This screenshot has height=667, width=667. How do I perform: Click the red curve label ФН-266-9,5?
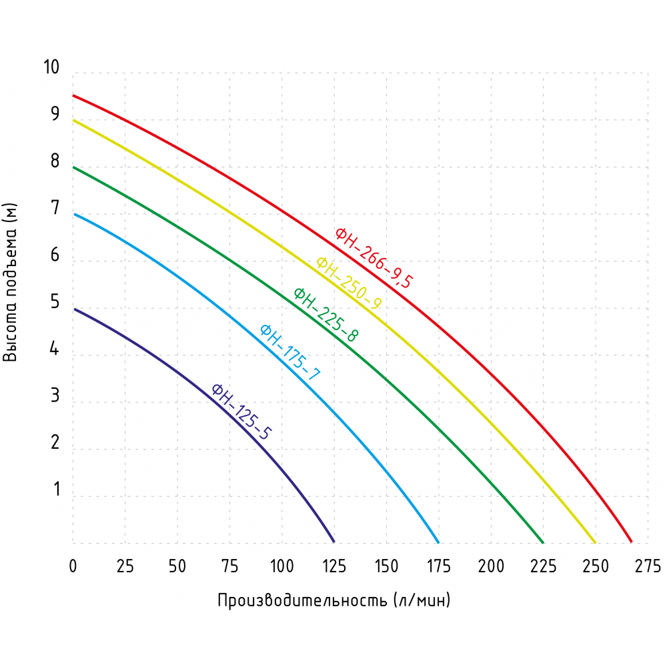click(374, 258)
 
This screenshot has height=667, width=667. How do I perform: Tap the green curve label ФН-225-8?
click(325, 314)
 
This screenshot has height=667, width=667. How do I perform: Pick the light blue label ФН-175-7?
click(289, 352)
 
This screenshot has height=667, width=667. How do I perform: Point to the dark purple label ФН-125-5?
click(241, 412)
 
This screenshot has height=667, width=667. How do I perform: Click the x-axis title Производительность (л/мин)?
click(334, 600)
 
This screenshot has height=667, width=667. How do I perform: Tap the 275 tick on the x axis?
click(647, 566)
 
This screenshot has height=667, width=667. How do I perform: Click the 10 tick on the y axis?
click(51, 67)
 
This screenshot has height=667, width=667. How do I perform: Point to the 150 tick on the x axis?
click(386, 566)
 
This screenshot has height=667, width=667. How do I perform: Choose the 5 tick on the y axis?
click(55, 303)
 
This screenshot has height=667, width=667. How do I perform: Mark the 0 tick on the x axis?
click(73, 566)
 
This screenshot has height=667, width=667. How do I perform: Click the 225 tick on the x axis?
click(543, 566)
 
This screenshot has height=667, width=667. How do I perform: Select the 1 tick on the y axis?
click(57, 490)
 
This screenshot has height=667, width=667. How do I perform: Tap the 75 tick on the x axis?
click(229, 566)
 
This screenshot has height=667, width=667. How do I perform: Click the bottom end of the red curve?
click(631, 542)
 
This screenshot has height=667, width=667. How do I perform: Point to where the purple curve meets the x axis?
click(333, 542)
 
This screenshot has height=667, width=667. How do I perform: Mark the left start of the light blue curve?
click(73, 214)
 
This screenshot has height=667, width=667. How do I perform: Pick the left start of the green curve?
click(73, 167)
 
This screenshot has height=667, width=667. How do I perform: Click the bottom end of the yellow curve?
click(595, 542)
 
